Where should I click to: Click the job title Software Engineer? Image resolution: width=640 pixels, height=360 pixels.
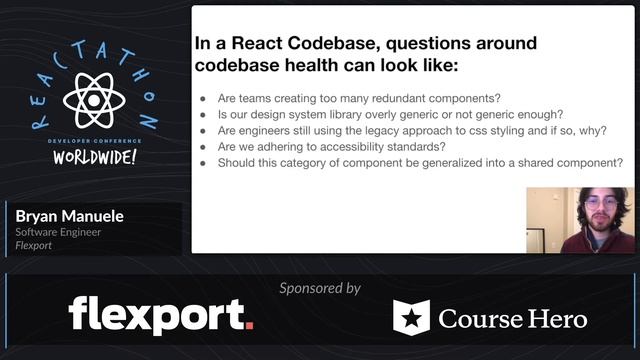click(57, 232)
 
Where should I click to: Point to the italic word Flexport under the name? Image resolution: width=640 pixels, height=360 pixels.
click(35, 245)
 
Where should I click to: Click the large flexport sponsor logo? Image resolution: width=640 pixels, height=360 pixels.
click(160, 315)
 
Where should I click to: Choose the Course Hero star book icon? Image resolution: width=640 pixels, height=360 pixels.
click(411, 318)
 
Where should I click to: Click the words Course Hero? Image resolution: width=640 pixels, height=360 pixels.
click(512, 319)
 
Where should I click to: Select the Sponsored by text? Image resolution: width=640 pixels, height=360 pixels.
click(320, 288)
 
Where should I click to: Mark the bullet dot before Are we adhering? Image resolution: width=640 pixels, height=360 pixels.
click(204, 147)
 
